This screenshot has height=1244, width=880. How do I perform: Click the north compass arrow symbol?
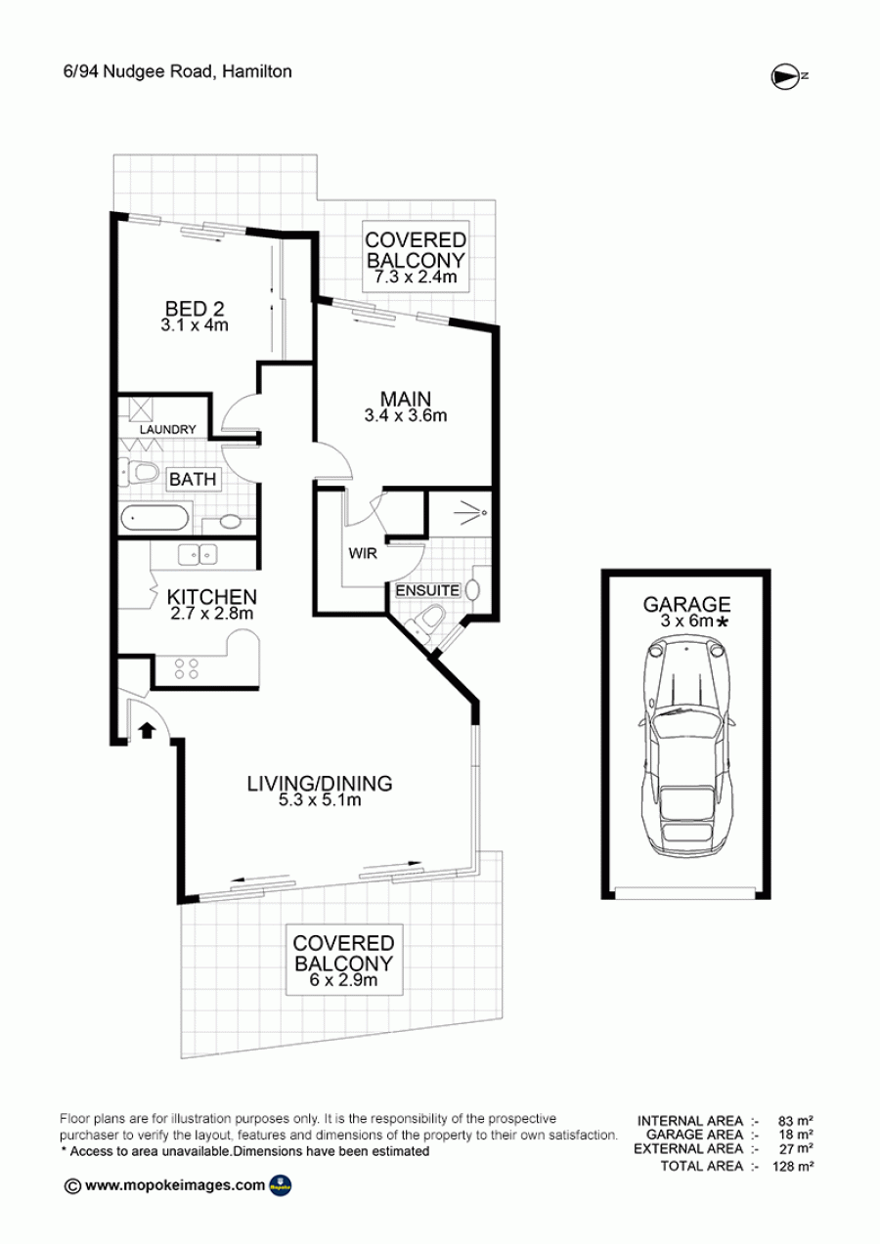click(x=784, y=76)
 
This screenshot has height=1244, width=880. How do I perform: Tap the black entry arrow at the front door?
click(x=147, y=730)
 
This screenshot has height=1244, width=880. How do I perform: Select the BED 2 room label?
click(x=195, y=308)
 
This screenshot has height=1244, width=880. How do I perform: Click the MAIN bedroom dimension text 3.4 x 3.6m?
click(x=406, y=415)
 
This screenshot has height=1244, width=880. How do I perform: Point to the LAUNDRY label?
click(x=168, y=429)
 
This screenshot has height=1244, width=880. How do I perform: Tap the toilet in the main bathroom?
click(x=139, y=473)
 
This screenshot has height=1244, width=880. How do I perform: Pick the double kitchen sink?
click(x=198, y=554)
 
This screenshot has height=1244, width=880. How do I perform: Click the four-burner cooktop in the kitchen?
click(x=187, y=668)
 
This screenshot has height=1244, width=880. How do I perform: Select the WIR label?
click(x=363, y=554)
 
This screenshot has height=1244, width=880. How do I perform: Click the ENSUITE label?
click(x=427, y=590)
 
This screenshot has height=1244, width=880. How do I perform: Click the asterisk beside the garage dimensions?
click(x=722, y=622)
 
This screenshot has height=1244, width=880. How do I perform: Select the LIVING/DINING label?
click(x=320, y=784)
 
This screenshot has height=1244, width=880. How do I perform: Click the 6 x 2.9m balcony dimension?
click(x=343, y=980)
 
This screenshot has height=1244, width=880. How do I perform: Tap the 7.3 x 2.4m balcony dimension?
click(x=415, y=277)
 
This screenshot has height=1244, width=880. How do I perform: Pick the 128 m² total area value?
click(x=793, y=1166)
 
